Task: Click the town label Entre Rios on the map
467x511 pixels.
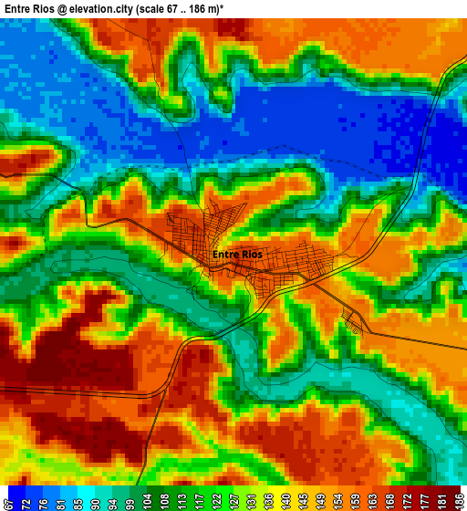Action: tap(237, 255)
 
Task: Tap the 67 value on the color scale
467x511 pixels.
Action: tap(8, 499)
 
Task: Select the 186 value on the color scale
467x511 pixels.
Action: tap(458, 499)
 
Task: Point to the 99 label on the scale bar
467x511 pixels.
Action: tap(130, 499)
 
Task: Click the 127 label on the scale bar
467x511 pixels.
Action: tap(233, 499)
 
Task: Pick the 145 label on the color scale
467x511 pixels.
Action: tap(302, 499)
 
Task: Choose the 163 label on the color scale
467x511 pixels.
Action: tap(371, 499)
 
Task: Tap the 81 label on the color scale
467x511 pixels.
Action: tap(60, 499)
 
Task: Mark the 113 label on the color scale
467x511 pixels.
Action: tap(182, 499)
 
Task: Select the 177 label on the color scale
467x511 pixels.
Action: tap(423, 499)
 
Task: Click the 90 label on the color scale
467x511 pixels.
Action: tap(95, 499)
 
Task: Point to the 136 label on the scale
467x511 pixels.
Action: tap(267, 499)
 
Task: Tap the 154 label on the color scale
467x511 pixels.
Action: tap(337, 499)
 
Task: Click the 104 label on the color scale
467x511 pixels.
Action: tap(147, 499)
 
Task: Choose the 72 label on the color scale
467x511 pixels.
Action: tap(26, 499)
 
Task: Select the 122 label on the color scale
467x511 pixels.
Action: tap(216, 499)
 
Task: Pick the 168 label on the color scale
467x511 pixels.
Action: tap(389, 499)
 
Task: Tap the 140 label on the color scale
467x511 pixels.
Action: tap(285, 499)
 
